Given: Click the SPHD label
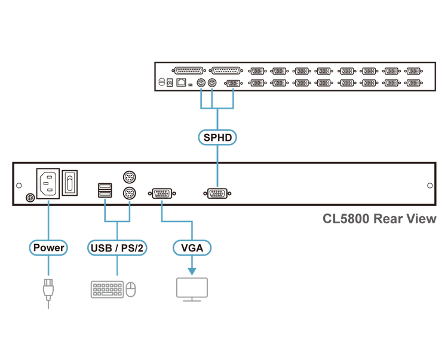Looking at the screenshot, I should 217,137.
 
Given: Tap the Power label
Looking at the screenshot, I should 49,247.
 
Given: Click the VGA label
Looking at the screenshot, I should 192,247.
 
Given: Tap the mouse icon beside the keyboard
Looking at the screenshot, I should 131,290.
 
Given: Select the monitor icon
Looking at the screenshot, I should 191,288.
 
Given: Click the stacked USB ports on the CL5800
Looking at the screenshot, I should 105,190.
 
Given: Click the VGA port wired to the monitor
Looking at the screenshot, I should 162,193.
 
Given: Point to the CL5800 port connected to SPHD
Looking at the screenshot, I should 217,193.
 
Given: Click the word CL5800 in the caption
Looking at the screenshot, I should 345,219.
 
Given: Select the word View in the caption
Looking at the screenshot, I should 421,219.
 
